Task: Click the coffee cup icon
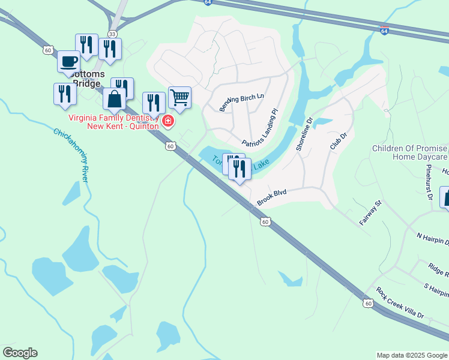[x=69, y=61]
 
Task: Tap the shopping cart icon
[x=179, y=97]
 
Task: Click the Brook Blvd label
[x=271, y=197]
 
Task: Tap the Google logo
[x=20, y=353]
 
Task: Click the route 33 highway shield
[x=112, y=34]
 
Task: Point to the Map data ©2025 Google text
[x=412, y=355]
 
